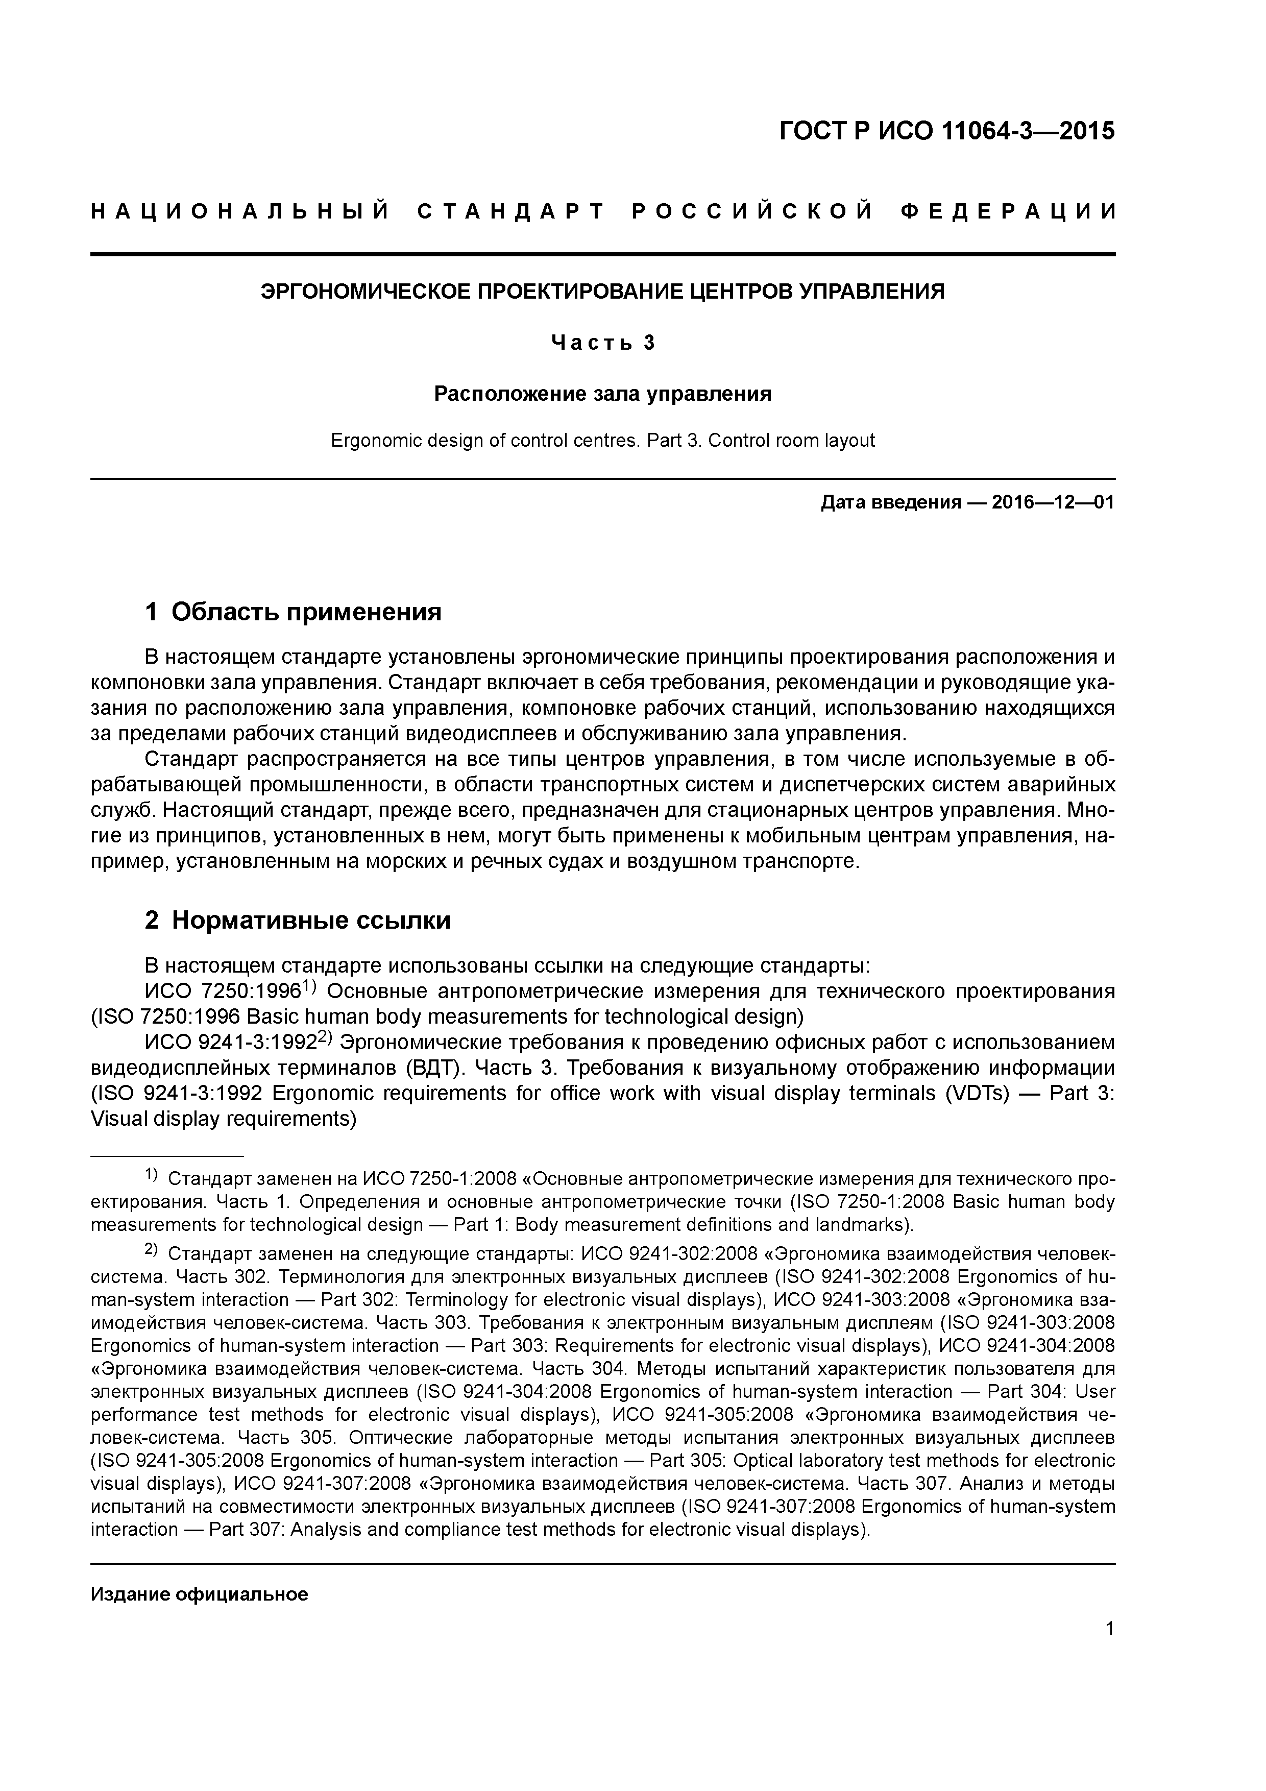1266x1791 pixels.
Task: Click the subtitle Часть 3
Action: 602,343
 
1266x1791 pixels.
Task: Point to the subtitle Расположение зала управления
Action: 602,394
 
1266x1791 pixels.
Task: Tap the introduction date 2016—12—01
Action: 1053,502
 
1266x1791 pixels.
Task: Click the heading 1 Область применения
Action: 294,612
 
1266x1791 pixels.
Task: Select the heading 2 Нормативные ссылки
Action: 298,921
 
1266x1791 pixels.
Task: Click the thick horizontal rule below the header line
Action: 602,254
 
